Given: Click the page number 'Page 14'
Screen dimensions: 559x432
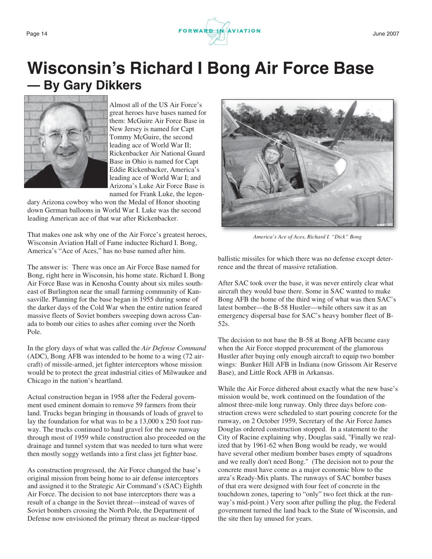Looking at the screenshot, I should pyautogui.click(x=37, y=34).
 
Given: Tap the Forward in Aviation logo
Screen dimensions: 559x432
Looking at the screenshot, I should pyautogui.click(x=219, y=31).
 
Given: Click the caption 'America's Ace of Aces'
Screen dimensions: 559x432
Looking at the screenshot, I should pyautogui.click(x=279, y=237).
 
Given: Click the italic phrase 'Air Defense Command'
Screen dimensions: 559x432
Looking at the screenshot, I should pyautogui.click(x=174, y=348).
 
